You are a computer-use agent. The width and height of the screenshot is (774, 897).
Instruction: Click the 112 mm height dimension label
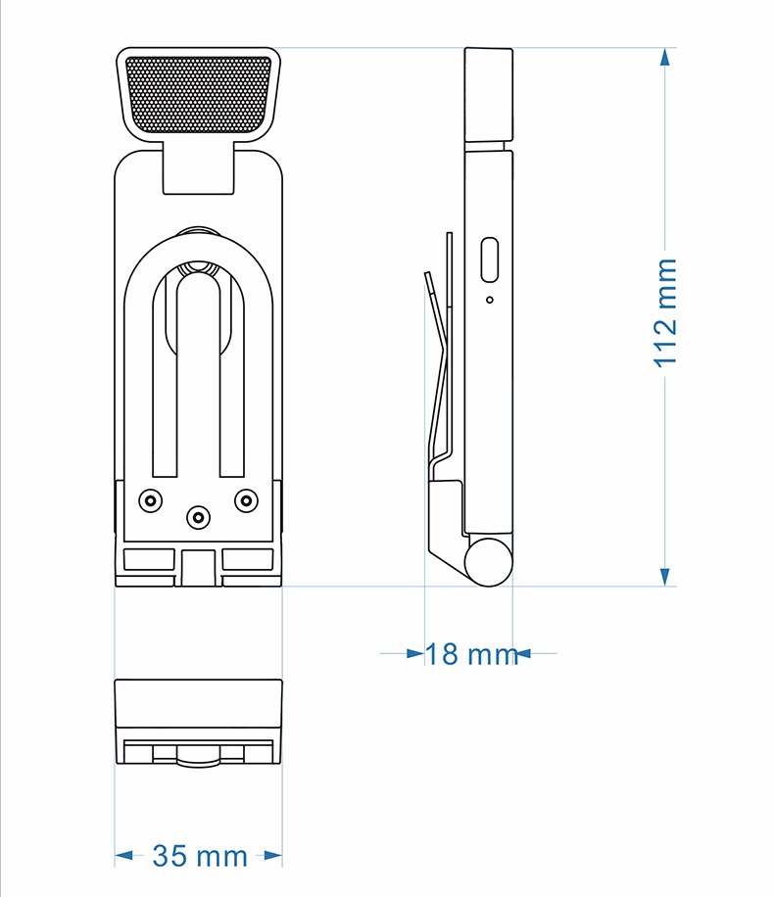click(666, 311)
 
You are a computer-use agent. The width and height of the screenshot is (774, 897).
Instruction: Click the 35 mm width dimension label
click(200, 856)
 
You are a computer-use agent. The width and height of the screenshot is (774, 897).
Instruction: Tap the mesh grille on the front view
click(198, 94)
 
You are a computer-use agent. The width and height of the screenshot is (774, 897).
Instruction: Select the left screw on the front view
click(150, 501)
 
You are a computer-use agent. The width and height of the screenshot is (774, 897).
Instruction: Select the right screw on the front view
click(246, 500)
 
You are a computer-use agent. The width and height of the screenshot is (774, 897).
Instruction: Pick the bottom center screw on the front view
click(198, 518)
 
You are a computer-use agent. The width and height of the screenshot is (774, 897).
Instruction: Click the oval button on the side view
click(490, 260)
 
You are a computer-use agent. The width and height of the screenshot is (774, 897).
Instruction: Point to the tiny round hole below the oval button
click(490, 300)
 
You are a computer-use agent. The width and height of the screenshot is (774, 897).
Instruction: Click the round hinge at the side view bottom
click(488, 562)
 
